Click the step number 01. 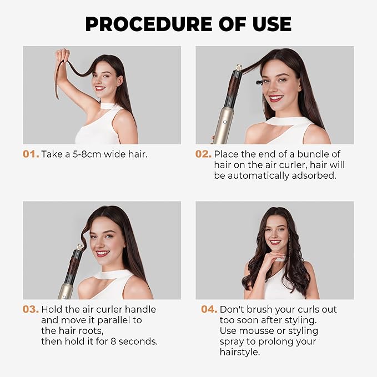(x=31, y=154)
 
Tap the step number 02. (x=203, y=154)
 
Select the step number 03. (x=31, y=309)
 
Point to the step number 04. (x=209, y=309)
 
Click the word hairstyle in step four (x=240, y=352)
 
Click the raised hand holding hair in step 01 (x=62, y=57)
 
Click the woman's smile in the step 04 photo (x=275, y=242)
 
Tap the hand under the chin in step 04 (x=278, y=260)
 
